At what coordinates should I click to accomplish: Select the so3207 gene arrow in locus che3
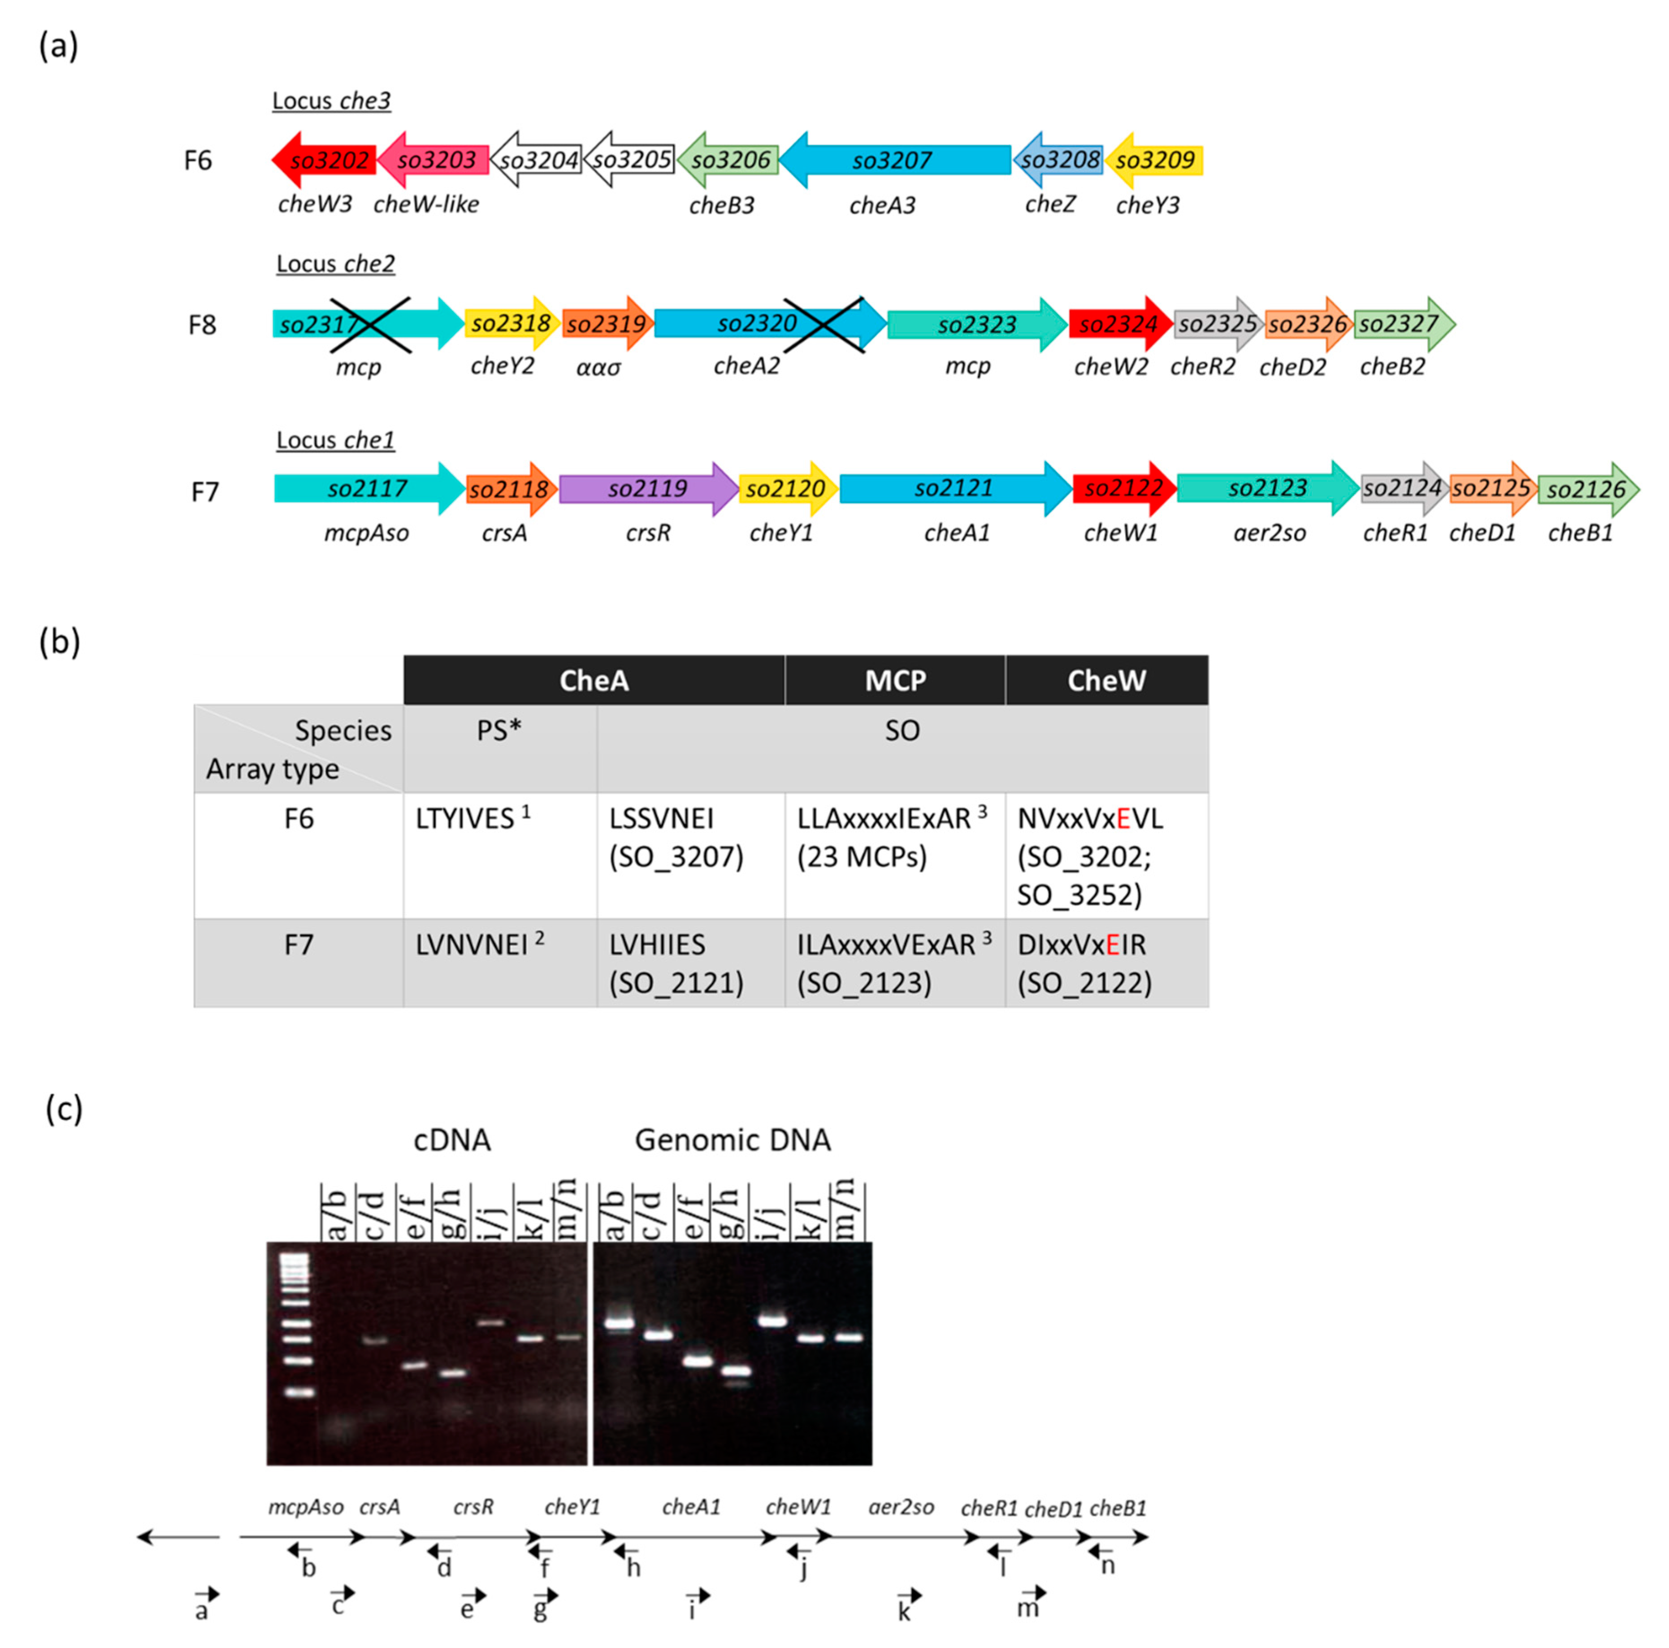click(x=894, y=160)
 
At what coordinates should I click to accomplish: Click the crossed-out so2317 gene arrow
click(x=367, y=324)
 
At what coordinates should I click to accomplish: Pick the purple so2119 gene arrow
click(x=648, y=489)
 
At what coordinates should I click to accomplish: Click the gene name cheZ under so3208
click(x=1050, y=205)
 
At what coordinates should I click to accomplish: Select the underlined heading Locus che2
click(x=335, y=264)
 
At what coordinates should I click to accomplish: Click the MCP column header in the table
click(x=895, y=681)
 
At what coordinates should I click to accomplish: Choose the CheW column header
click(x=1107, y=681)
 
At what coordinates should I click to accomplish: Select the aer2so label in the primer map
click(x=901, y=1507)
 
